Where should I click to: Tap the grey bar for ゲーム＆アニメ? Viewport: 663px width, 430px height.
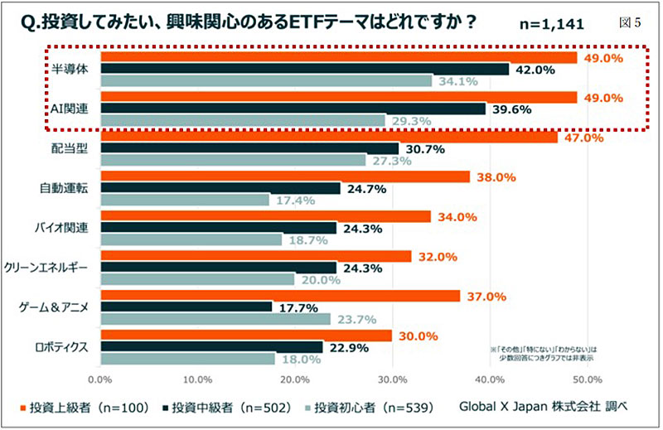(215, 319)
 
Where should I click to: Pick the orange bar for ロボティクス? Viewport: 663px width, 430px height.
(245, 336)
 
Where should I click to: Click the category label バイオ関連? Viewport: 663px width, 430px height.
(70, 228)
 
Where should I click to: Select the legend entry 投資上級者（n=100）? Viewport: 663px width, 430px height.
(80, 406)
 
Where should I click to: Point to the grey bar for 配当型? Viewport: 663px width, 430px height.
(233, 160)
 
